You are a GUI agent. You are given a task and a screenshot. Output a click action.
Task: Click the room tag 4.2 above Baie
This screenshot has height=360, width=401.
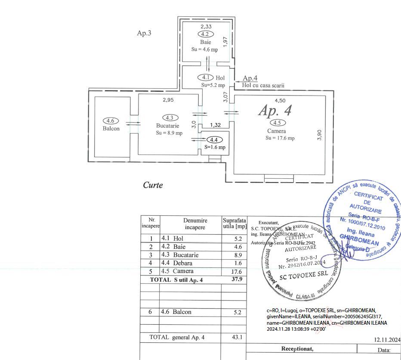205,34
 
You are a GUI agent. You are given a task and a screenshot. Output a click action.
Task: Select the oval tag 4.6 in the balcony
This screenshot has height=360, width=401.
111,121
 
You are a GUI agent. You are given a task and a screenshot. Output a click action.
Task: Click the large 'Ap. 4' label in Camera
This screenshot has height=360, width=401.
275,111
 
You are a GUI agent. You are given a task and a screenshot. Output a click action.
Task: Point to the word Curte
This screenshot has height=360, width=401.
153,185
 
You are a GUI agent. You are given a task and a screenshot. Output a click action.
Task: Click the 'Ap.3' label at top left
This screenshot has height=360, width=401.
144,33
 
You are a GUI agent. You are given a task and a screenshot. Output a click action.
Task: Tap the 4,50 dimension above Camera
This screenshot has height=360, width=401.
280,101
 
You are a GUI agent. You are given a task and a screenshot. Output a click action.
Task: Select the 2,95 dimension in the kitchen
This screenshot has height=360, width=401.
168,100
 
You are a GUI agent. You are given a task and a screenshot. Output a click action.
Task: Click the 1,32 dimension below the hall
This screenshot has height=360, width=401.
215,125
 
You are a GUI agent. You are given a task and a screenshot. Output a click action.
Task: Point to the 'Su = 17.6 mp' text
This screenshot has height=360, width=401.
280,138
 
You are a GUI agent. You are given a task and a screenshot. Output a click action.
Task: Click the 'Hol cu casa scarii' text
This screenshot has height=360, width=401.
263,85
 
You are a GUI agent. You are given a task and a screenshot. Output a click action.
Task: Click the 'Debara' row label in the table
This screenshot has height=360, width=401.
182,263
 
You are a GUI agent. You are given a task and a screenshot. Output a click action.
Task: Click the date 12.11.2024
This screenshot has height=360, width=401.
387,340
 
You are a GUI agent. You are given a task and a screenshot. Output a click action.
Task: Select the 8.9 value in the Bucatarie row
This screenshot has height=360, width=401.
237,255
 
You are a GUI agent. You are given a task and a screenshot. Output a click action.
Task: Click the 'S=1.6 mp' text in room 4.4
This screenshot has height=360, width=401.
215,147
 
